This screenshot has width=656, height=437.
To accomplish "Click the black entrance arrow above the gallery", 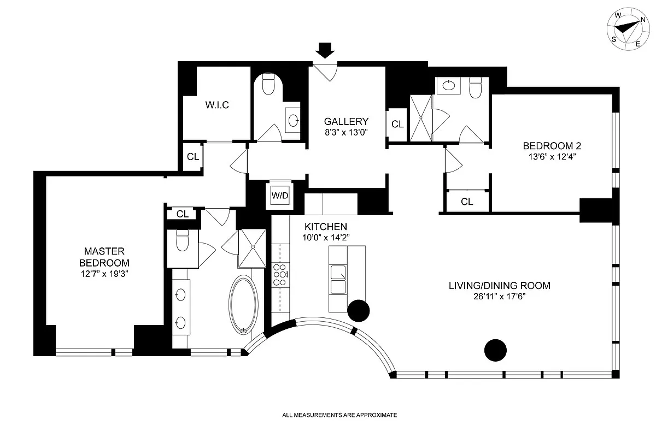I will point(326,50).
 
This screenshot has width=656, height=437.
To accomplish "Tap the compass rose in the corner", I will point(628,31).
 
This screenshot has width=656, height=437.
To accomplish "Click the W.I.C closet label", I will point(217,105).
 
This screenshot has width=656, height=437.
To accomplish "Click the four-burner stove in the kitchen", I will point(280,275).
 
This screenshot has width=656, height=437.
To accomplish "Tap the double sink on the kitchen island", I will point(337,279).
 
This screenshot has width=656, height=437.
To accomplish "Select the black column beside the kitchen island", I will point(359,310).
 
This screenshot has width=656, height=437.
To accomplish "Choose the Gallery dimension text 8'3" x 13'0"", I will point(346,132).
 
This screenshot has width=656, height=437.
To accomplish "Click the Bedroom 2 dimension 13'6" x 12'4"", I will point(552,156).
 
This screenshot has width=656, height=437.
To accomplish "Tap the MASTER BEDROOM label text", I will point(104,257).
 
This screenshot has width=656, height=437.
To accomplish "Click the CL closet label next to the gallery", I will point(397,125).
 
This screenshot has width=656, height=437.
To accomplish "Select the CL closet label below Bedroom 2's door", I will point(466,202).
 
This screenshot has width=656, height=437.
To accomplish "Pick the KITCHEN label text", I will point(326,226).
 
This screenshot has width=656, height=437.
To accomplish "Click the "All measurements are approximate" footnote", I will point(339,415).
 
